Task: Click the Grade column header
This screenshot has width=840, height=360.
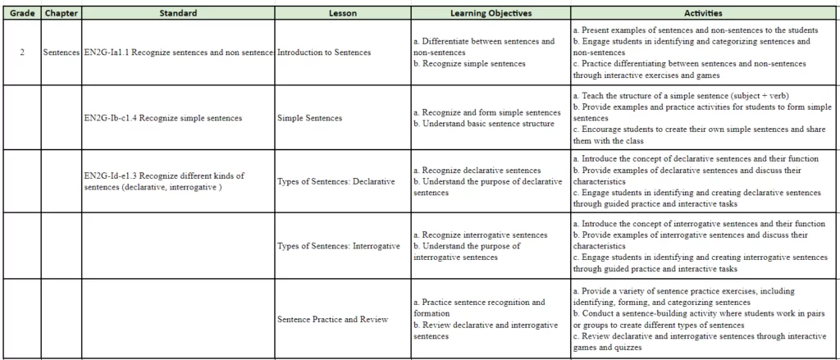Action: point(21,13)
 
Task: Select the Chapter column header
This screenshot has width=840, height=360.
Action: point(61,13)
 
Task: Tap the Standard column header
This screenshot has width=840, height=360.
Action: point(178,13)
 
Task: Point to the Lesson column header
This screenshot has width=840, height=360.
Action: point(342,13)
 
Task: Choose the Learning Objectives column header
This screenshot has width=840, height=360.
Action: point(491,13)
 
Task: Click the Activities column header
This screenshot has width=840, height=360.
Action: point(703,13)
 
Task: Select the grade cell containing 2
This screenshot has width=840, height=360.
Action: point(22,52)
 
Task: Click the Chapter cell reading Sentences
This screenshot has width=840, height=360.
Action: point(61,52)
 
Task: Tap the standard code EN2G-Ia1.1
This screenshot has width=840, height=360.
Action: point(107,52)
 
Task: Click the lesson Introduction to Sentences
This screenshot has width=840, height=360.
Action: point(324,52)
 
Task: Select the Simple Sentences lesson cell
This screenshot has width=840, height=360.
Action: point(310,118)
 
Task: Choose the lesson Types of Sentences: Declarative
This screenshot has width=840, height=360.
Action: point(336,181)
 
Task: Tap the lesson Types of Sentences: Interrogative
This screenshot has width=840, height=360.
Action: point(339,246)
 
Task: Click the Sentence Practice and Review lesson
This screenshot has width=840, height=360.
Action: point(332,319)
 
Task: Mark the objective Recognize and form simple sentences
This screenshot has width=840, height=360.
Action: point(490,112)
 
